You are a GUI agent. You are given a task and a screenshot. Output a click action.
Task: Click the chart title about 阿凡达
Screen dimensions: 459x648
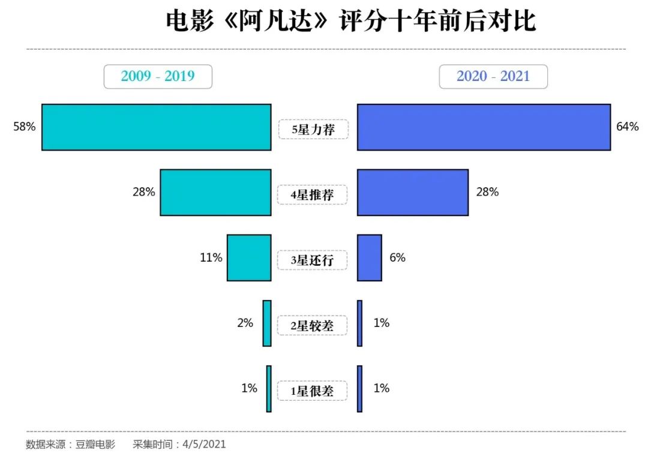[350, 22]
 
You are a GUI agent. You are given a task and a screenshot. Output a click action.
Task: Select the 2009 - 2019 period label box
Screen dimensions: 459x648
[158, 76]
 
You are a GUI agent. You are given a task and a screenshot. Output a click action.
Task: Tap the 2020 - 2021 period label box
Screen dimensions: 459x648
[493, 76]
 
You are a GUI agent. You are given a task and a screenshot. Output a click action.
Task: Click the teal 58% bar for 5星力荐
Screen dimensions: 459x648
[156, 127]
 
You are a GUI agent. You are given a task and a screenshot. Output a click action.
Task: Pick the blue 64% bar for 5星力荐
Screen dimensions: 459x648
[484, 127]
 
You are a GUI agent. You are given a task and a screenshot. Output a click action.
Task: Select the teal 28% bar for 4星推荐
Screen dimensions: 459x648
[215, 192]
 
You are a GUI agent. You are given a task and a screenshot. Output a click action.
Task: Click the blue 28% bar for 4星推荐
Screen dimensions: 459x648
[413, 192]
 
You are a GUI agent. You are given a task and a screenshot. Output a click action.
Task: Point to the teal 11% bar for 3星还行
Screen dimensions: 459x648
[249, 257]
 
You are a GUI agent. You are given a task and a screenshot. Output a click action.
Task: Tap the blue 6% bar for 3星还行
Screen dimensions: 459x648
[370, 257]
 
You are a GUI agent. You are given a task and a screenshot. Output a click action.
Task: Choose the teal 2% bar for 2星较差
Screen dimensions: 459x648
[267, 323]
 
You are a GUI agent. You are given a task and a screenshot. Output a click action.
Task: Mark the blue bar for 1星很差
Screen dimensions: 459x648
[359, 388]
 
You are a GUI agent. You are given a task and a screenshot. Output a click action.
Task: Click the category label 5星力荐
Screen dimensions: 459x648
[312, 129]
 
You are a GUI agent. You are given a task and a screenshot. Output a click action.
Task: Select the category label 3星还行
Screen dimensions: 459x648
[312, 260]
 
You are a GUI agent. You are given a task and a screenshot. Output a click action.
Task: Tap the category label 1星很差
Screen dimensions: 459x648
[312, 391]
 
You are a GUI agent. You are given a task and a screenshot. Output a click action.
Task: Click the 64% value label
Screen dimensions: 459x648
[627, 127]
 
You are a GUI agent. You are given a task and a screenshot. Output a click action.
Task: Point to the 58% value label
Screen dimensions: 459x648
[25, 127]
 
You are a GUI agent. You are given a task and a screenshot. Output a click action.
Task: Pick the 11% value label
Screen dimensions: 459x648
[211, 257]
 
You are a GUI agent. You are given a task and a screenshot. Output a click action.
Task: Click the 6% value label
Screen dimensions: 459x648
[397, 257]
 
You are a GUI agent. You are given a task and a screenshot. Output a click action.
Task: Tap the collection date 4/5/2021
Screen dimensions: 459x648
[205, 445]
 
